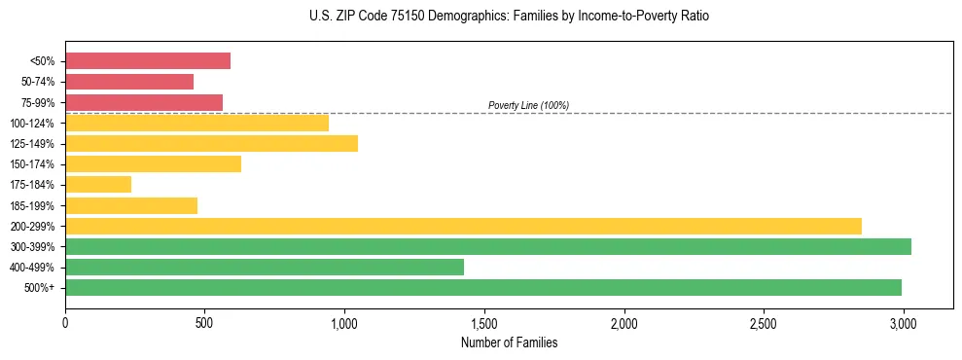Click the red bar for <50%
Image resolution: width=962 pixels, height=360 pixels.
(x=148, y=61)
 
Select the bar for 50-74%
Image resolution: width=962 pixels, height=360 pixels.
(x=129, y=82)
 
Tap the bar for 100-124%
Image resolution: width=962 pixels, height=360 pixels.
(x=196, y=123)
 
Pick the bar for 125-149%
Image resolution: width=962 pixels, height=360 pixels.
(x=211, y=143)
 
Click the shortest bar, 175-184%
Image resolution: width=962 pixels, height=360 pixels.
(x=98, y=184)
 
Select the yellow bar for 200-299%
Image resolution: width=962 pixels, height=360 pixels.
(x=463, y=226)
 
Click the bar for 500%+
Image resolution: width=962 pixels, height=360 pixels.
(x=483, y=287)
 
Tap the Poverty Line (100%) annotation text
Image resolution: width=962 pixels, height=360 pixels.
(x=528, y=105)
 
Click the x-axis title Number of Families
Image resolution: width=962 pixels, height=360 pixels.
(x=509, y=342)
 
